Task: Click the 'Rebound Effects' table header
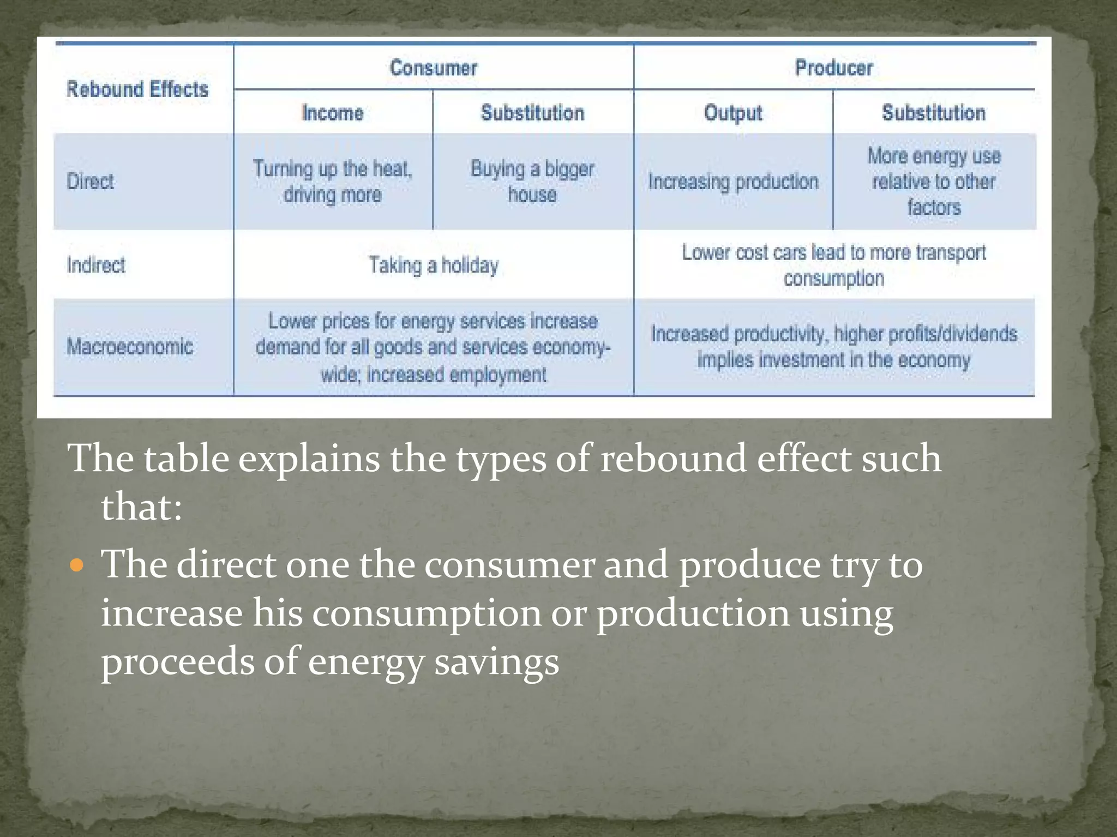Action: pos(137,89)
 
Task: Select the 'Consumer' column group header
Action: pos(434,68)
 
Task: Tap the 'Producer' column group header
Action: pos(833,68)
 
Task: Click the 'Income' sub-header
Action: pos(333,113)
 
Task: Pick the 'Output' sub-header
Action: pos(733,113)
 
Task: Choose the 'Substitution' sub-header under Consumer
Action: pos(532,113)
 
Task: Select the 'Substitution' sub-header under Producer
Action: pos(934,113)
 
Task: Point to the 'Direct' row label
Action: pos(91,182)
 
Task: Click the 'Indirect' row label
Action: pos(96,265)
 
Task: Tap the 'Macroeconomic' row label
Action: pos(130,347)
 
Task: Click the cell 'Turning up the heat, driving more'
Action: pos(333,182)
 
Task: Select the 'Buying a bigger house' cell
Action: pos(532,182)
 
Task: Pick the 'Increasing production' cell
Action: pos(733,182)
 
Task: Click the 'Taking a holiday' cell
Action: pos(434,266)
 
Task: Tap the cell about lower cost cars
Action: pos(833,266)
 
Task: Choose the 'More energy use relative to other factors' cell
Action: pos(934,182)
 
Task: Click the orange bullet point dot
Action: pos(77,565)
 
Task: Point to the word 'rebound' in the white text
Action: pos(672,459)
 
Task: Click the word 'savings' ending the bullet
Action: pos(496,662)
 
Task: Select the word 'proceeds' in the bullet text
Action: pos(178,662)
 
